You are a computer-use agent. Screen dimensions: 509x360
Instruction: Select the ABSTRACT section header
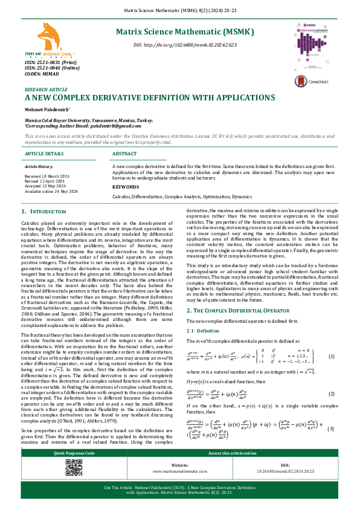coord(125,154)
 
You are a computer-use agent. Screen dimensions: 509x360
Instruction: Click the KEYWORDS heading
coord(126,187)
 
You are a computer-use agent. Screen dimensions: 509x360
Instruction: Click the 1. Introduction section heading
coord(48,212)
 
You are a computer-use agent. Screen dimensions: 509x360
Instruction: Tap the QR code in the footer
coord(74,468)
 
